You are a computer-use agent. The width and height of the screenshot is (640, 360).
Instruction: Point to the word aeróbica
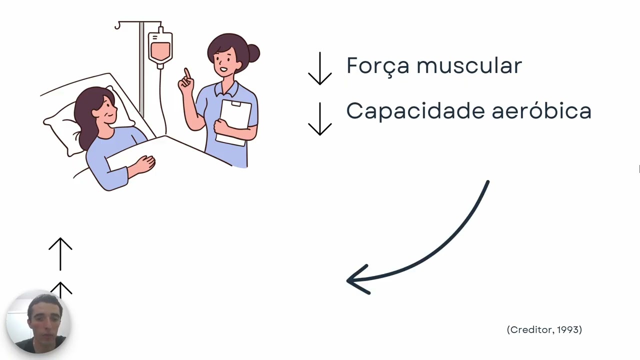pyautogui.click(x=541, y=110)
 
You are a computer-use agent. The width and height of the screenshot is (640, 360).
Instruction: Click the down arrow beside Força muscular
pyautogui.click(x=320, y=68)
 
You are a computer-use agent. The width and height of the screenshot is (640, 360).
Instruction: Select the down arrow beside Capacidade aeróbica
pyautogui.click(x=320, y=119)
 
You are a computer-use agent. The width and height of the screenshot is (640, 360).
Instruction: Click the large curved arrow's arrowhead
pyautogui.click(x=356, y=280)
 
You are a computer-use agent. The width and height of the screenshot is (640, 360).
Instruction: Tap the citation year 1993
pyautogui.click(x=568, y=329)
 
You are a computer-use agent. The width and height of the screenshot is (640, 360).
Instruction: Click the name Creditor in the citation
pyautogui.click(x=530, y=329)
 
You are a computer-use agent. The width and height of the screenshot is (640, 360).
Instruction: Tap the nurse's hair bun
pyautogui.click(x=253, y=53)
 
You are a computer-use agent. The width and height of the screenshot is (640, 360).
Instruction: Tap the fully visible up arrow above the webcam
pyautogui.click(x=60, y=252)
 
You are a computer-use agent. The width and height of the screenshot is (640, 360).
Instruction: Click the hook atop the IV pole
pyautogui.click(x=117, y=25)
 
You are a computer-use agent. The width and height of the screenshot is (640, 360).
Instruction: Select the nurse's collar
pyautogui.click(x=225, y=90)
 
